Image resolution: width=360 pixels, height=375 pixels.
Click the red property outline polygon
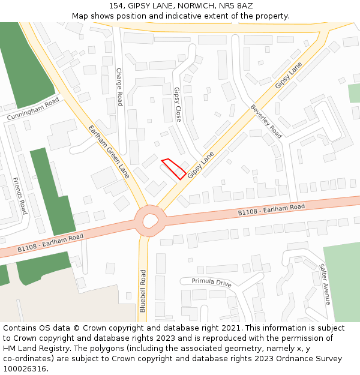coord(174,169)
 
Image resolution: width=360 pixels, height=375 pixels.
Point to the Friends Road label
coord(20,196)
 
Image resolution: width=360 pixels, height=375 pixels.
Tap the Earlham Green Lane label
coord(109,152)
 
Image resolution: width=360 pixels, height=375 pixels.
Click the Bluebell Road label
coord(143,290)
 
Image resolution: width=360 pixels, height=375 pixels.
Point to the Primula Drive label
coord(211,281)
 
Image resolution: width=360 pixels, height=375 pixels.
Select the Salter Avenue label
coord(325,284)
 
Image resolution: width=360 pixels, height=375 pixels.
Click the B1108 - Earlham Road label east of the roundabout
coord(271,209)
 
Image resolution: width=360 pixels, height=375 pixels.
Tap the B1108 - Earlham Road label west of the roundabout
coord(50,242)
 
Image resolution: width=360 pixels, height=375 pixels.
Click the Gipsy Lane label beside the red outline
coord(200,165)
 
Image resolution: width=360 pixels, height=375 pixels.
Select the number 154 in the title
coord(116,6)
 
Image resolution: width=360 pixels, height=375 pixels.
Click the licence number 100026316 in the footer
coord(25,368)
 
